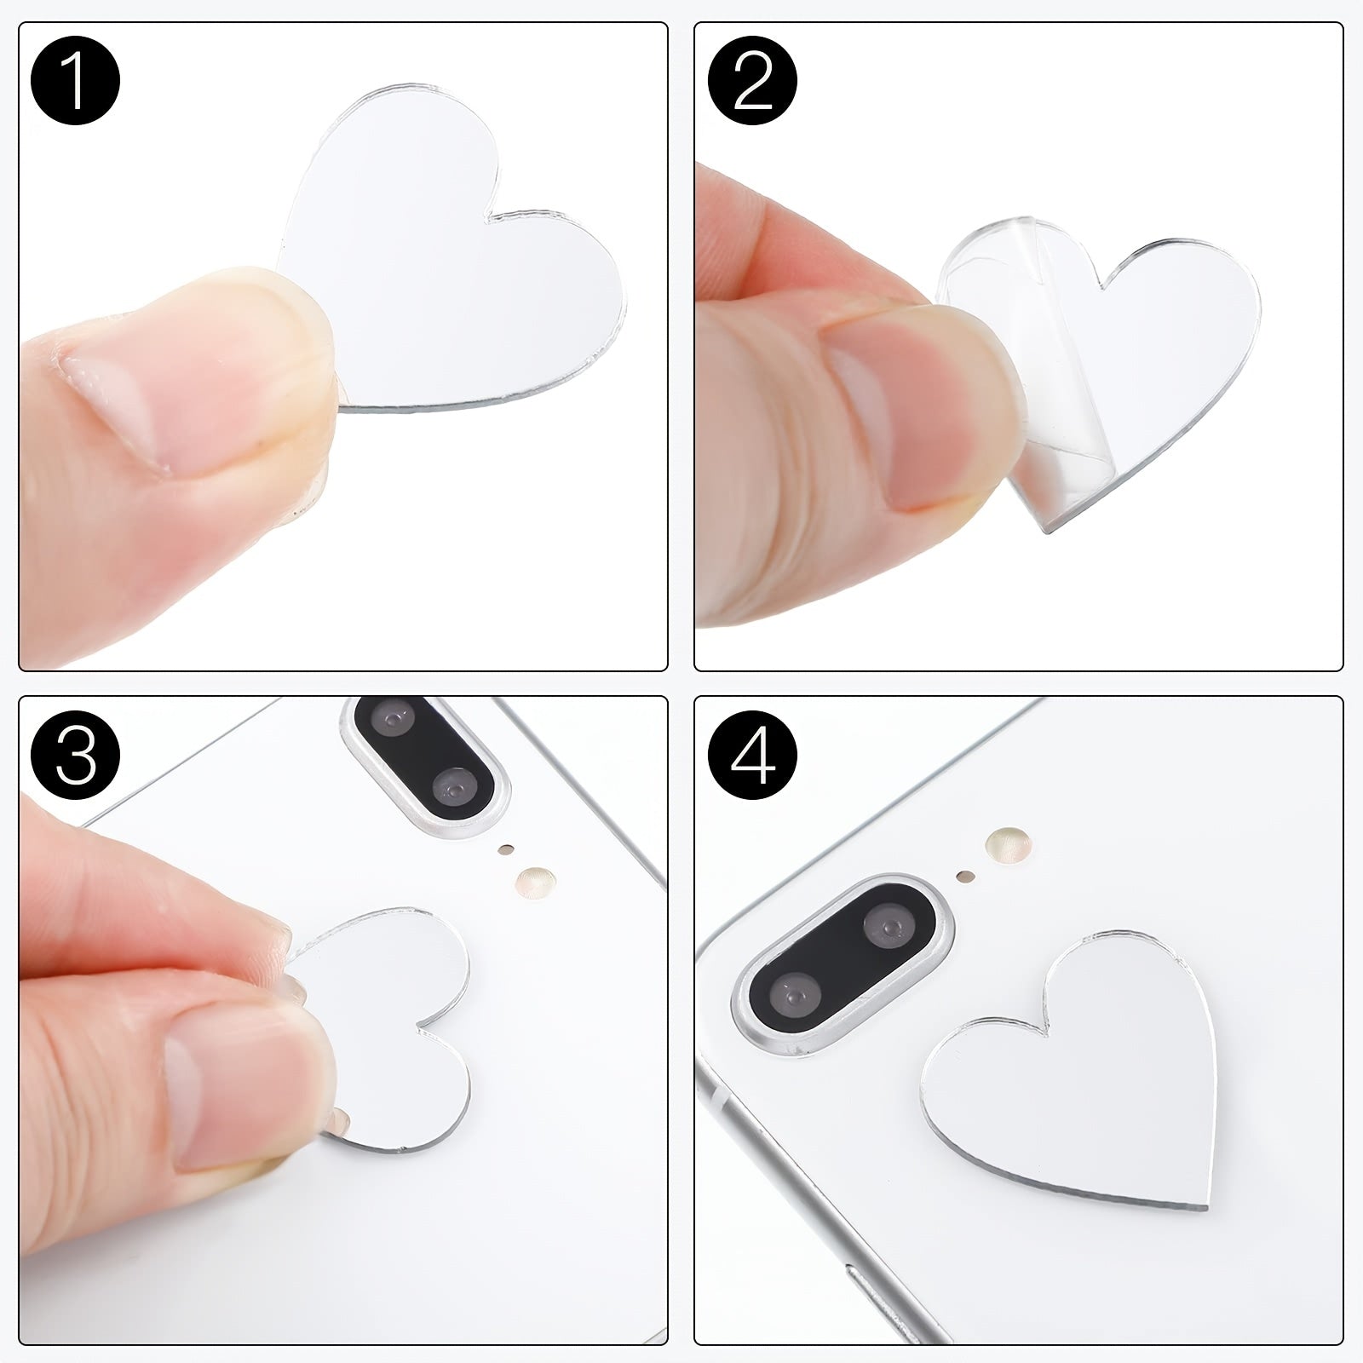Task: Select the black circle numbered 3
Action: (x=75, y=755)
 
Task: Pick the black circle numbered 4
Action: (x=752, y=755)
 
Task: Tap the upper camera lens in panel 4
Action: (x=890, y=925)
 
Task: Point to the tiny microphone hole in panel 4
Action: (x=964, y=875)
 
